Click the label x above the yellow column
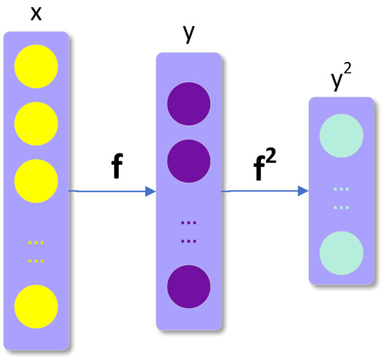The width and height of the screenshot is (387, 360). pyautogui.click(x=36, y=14)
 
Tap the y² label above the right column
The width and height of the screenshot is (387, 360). pyautogui.click(x=341, y=81)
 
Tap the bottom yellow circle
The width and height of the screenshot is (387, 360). pyautogui.click(x=36, y=307)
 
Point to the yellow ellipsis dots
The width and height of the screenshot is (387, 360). pyautogui.click(x=36, y=252)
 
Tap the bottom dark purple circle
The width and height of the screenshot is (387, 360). pyautogui.click(x=189, y=286)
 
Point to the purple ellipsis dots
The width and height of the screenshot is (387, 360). pyautogui.click(x=189, y=231)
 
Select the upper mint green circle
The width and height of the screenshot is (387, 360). pyautogui.click(x=341, y=137)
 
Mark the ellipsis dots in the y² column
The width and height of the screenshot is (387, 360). pyautogui.click(x=341, y=198)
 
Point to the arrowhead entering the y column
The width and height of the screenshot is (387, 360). pyautogui.click(x=150, y=192)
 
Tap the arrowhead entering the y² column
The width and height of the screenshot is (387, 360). pyautogui.click(x=303, y=191)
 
